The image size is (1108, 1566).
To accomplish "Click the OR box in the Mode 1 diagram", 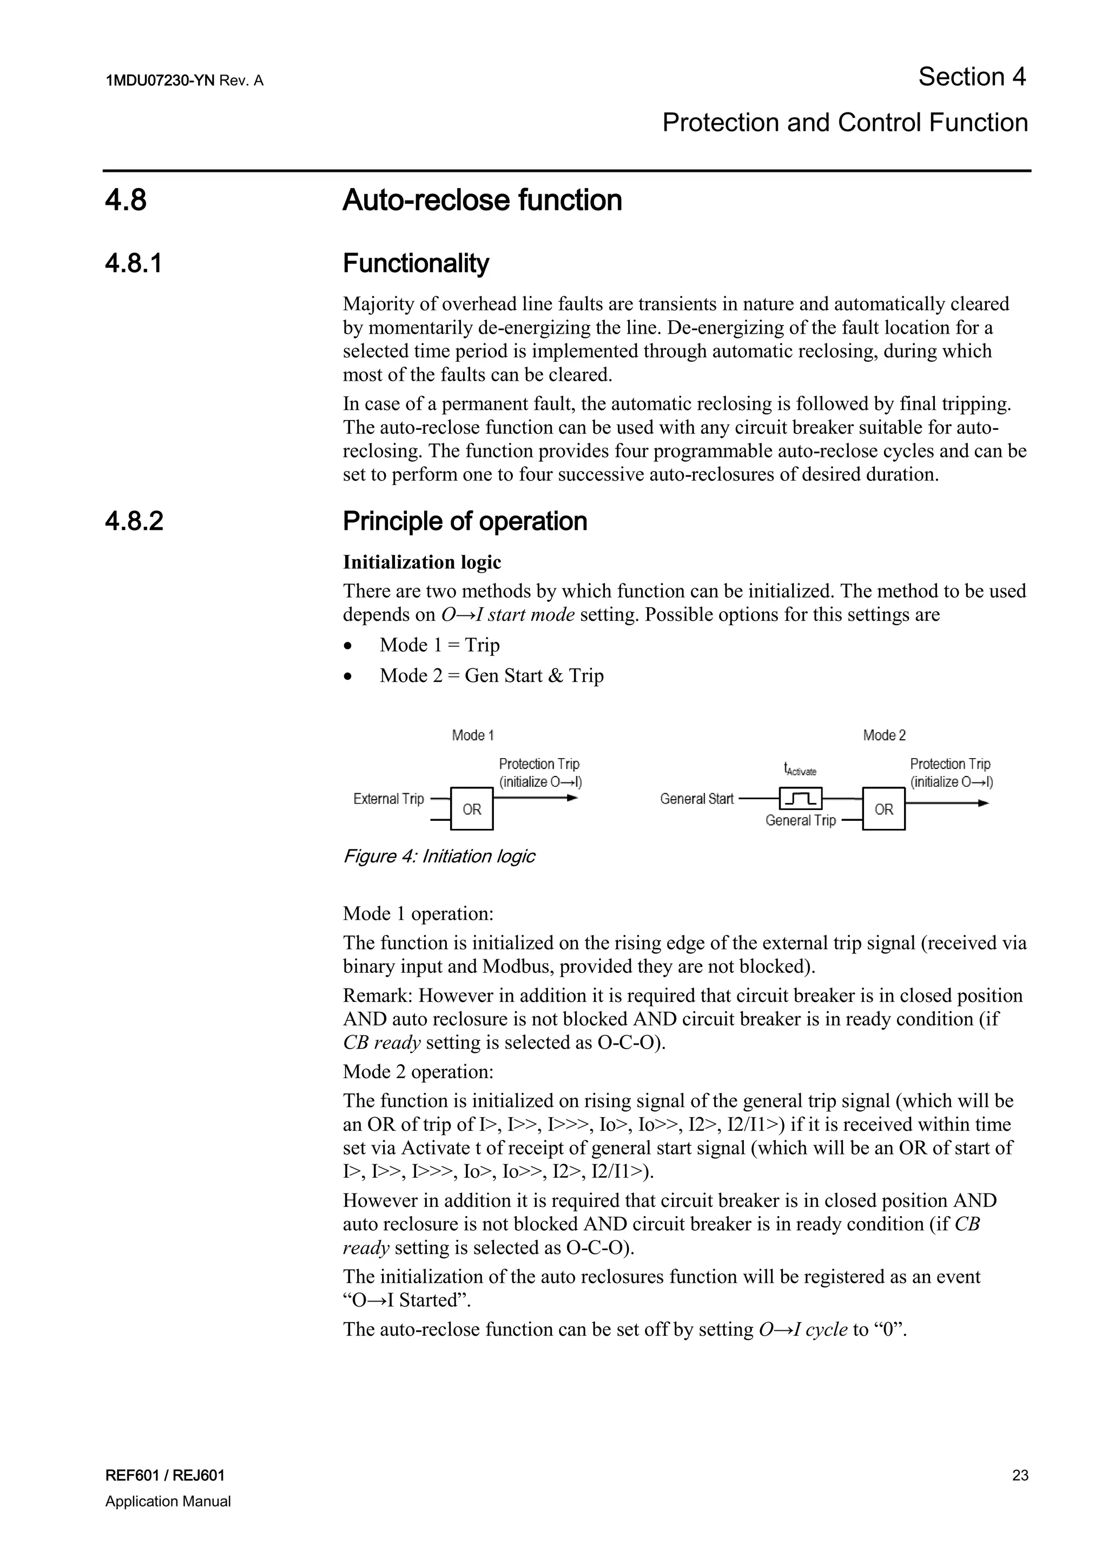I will pyautogui.click(x=471, y=809).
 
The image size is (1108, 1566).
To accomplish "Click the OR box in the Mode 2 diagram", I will pyautogui.click(x=883, y=809).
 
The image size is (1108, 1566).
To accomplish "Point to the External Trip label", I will pyautogui.click(x=388, y=799).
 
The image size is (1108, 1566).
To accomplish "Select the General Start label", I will pyautogui.click(x=697, y=799).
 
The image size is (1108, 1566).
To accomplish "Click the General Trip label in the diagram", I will pyautogui.click(x=800, y=820).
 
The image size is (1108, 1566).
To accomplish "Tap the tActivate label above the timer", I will pyautogui.click(x=800, y=769).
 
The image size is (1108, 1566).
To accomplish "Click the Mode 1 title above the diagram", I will pyautogui.click(x=473, y=735).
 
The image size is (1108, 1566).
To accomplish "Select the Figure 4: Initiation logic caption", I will pyautogui.click(x=439, y=857).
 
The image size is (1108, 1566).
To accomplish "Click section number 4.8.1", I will pyautogui.click(x=134, y=263).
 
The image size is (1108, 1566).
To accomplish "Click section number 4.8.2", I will pyautogui.click(x=134, y=521).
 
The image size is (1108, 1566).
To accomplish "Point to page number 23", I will pyautogui.click(x=1020, y=1475).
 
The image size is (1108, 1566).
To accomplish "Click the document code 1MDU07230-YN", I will pyautogui.click(x=160, y=81).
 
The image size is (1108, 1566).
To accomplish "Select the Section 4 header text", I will pyautogui.click(x=972, y=77).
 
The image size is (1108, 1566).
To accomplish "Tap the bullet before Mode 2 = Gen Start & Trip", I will pyautogui.click(x=348, y=676).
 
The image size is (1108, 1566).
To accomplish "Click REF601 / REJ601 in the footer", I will pyautogui.click(x=165, y=1475).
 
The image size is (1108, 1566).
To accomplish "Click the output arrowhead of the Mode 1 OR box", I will pyautogui.click(x=573, y=798).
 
